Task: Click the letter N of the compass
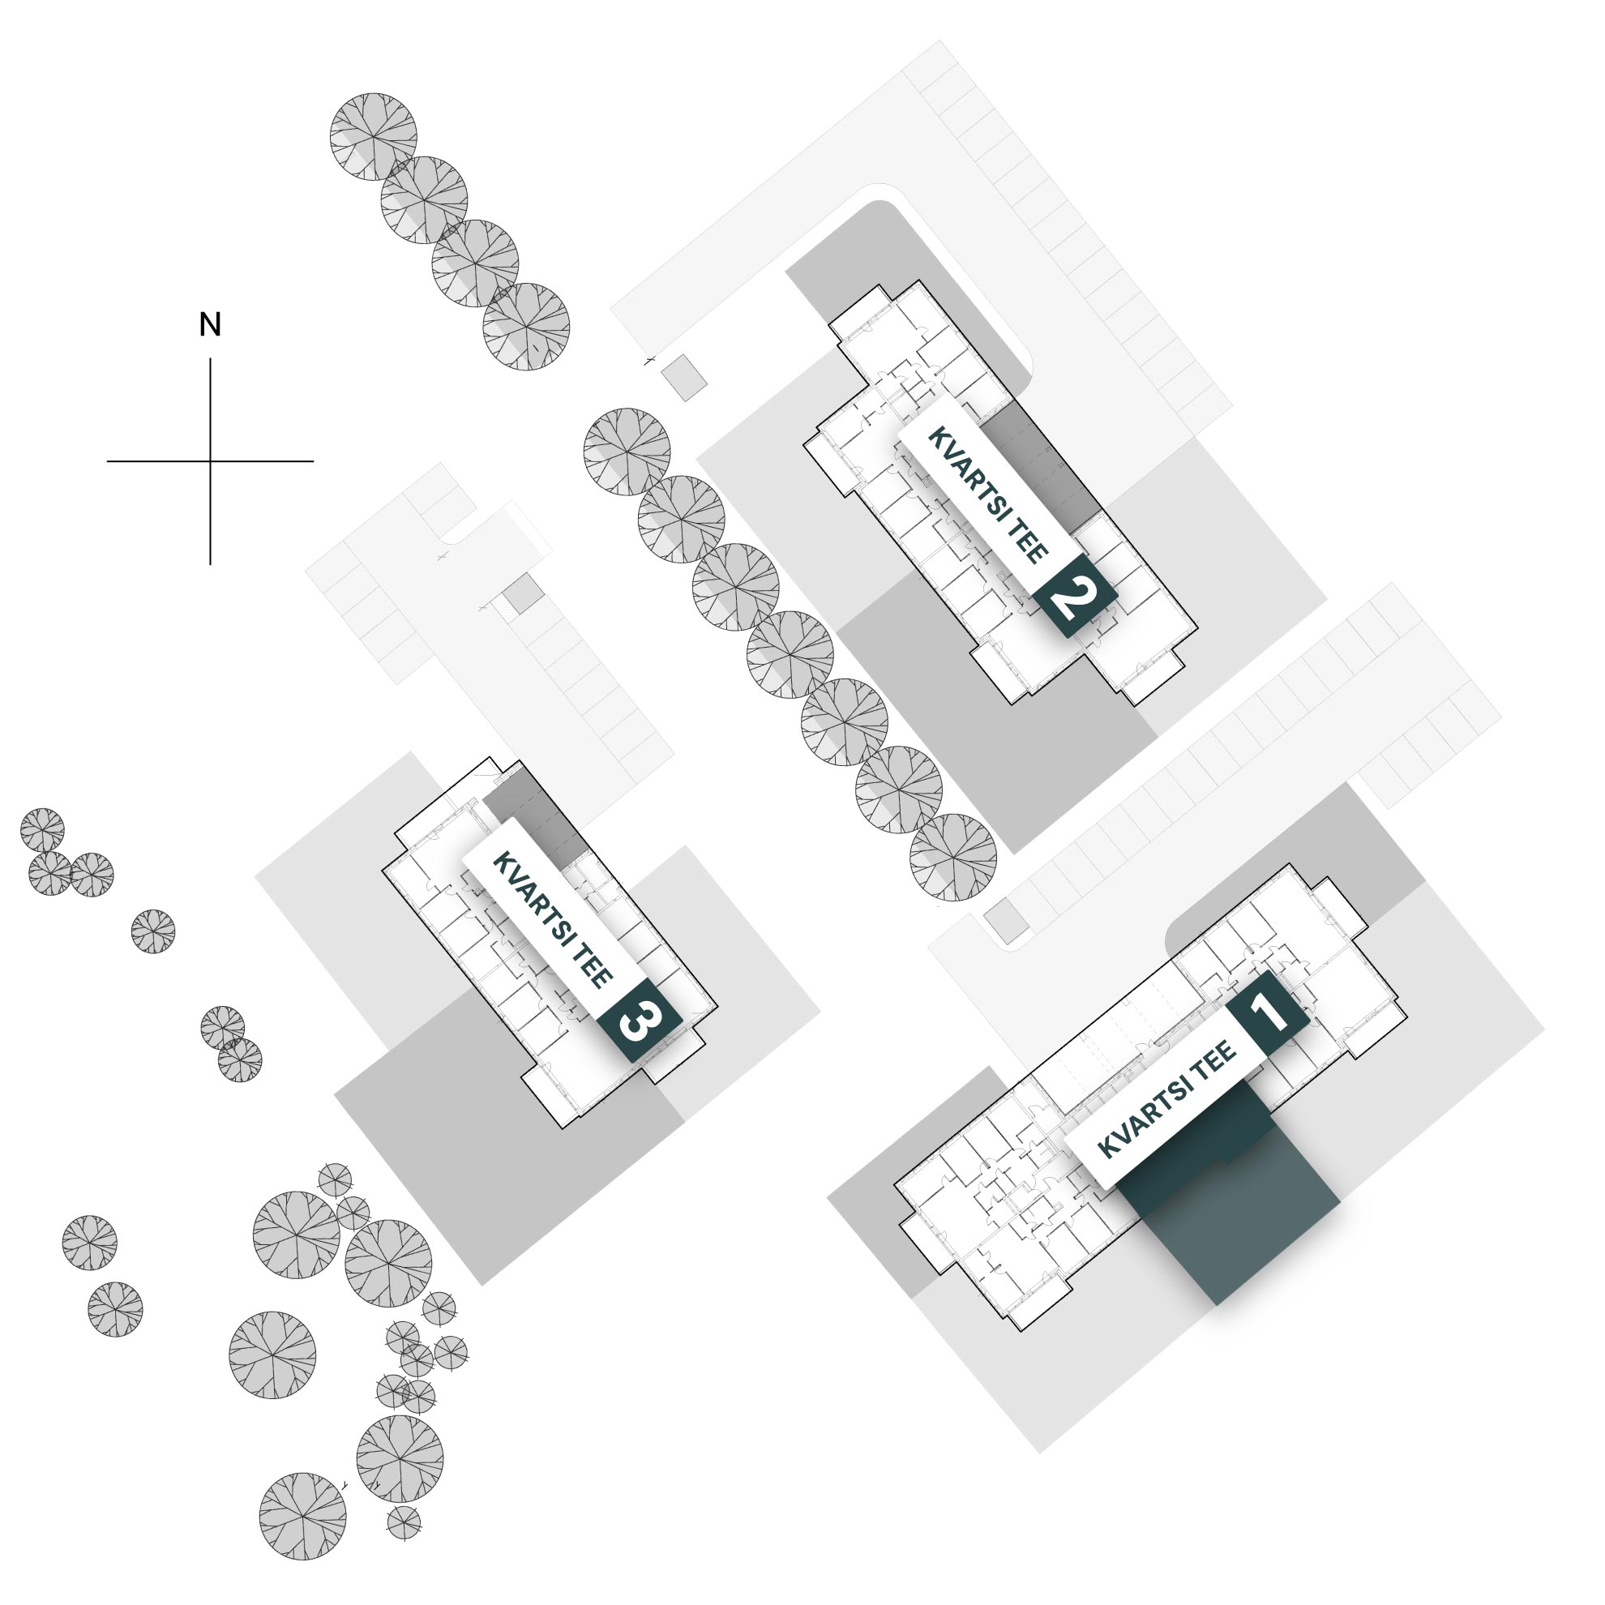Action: pyautogui.click(x=210, y=325)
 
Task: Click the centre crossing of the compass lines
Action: pyautogui.click(x=210, y=461)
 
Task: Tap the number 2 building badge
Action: pyautogui.click(x=1075, y=597)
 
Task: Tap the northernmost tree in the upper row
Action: pyautogui.click(x=373, y=136)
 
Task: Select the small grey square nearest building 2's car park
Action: pyautogui.click(x=684, y=378)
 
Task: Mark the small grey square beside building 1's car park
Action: pyautogui.click(x=1007, y=921)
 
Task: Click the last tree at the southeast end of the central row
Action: pyautogui.click(x=952, y=858)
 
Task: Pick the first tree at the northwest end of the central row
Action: pyautogui.click(x=627, y=452)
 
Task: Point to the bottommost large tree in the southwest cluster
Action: pyautogui.click(x=302, y=1516)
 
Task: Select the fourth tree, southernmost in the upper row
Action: pyautogui.click(x=527, y=327)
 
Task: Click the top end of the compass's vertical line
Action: pyautogui.click(x=210, y=358)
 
